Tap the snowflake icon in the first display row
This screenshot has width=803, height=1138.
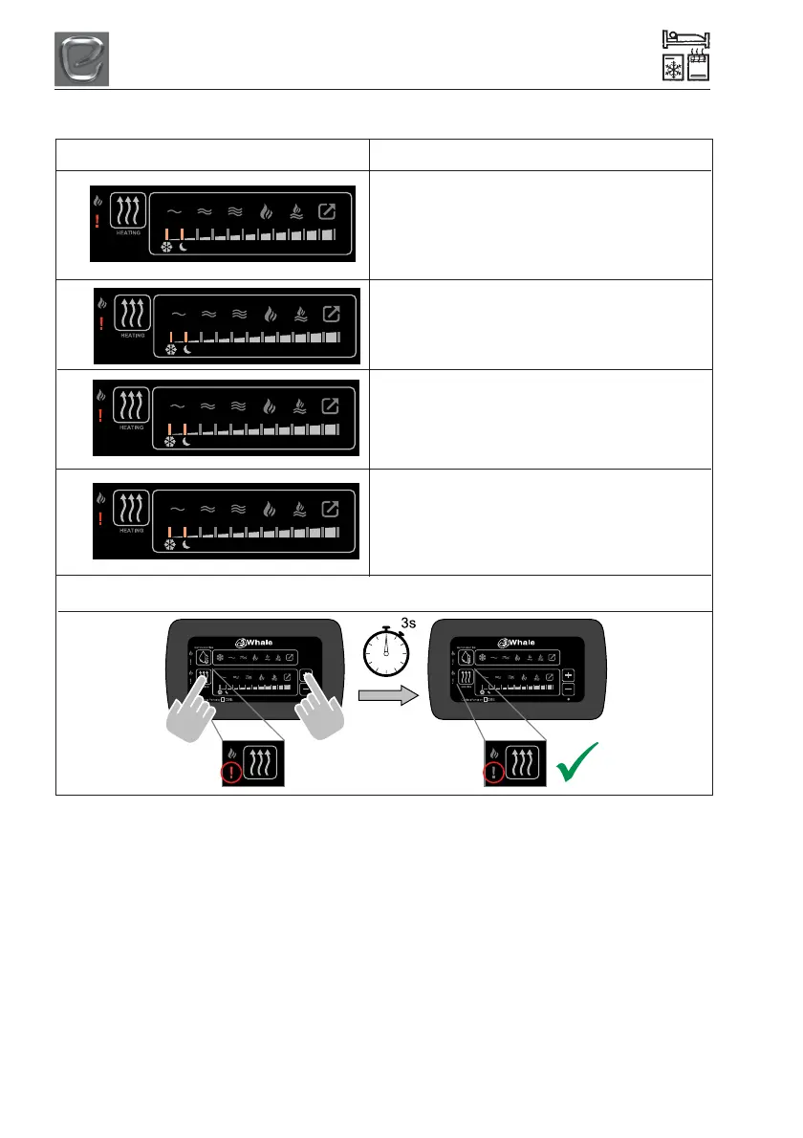tap(166, 247)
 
